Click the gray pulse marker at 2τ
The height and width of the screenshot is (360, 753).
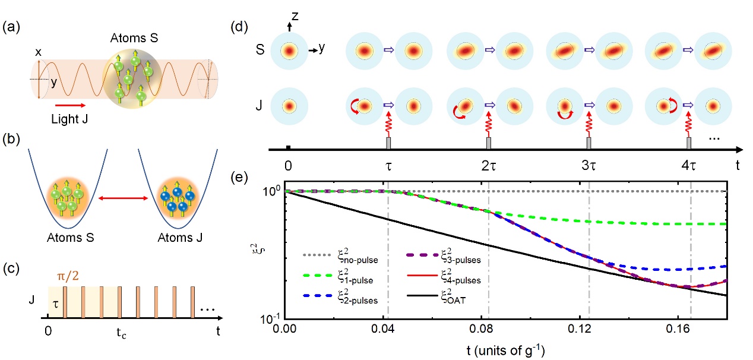coord(489,144)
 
